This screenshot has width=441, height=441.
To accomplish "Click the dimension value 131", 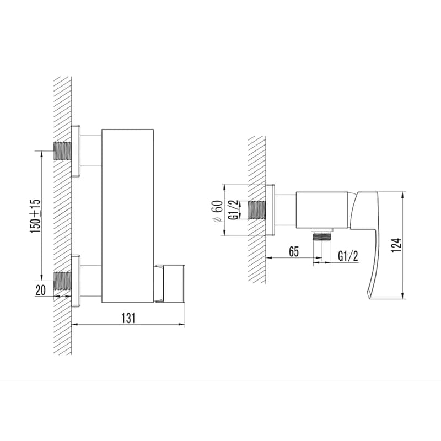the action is coord(128,318).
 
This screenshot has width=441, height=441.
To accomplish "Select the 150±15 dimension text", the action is coord(36,216).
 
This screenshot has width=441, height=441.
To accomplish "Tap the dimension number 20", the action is coord(40,290).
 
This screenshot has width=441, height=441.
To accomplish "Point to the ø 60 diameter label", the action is coord(218,212).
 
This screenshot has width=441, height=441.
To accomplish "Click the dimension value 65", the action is coord(294,251).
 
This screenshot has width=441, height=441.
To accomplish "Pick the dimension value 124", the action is coord(396,245).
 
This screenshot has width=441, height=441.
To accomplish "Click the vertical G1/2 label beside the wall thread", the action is coord(234,210).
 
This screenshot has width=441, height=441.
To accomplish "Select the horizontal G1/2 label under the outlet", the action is coord(348,256).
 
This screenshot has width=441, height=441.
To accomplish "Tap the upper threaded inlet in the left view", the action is coord(63,151).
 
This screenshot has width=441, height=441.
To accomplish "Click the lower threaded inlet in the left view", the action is coord(63,281).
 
